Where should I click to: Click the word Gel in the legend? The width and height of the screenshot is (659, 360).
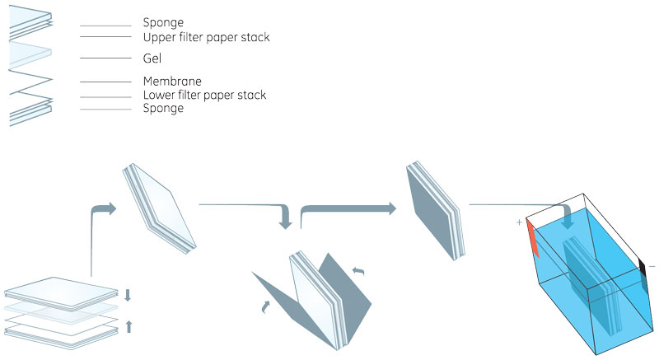tap(152, 58)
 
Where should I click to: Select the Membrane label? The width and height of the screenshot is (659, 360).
tap(172, 81)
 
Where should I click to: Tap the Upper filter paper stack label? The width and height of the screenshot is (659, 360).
tap(206, 37)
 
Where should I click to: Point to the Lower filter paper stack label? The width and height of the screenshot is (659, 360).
tap(204, 96)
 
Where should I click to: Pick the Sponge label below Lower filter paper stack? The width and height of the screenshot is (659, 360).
tap(163, 109)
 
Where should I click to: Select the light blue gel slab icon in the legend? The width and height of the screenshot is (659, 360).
tap(30, 54)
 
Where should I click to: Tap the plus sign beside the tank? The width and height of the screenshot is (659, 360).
tap(519, 222)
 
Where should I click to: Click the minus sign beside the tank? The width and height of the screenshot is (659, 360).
tap(652, 267)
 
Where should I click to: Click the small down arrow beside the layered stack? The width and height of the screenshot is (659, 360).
tap(128, 294)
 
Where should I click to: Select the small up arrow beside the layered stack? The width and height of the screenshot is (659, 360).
tap(128, 326)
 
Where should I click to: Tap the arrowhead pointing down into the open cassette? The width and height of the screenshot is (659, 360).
tap(286, 222)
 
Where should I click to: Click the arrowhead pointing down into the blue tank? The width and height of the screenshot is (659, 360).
tap(568, 222)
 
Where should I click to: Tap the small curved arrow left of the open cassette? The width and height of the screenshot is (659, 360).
tap(266, 308)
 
